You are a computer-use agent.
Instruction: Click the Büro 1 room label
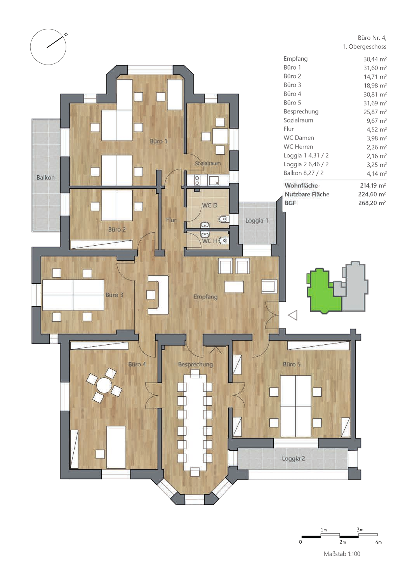(x=158, y=141)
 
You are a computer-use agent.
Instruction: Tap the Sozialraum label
(x=208, y=163)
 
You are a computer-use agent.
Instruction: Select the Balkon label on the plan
(x=45, y=178)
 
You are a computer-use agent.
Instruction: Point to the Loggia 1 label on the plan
(x=257, y=221)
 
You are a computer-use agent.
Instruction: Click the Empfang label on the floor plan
(x=205, y=297)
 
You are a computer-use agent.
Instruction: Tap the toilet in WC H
(x=223, y=240)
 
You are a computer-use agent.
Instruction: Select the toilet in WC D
(x=223, y=219)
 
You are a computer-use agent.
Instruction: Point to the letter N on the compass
(x=66, y=35)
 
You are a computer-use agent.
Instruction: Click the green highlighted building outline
(x=324, y=291)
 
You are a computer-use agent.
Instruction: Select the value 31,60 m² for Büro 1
(x=375, y=68)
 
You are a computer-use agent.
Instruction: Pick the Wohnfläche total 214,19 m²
(x=373, y=185)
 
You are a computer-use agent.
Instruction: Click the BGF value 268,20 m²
(x=372, y=203)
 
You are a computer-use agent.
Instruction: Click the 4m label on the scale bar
(x=379, y=542)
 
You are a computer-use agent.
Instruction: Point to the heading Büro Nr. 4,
(x=372, y=38)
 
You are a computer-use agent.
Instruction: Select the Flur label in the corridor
(x=171, y=220)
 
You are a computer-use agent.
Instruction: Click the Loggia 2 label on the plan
(x=294, y=459)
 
